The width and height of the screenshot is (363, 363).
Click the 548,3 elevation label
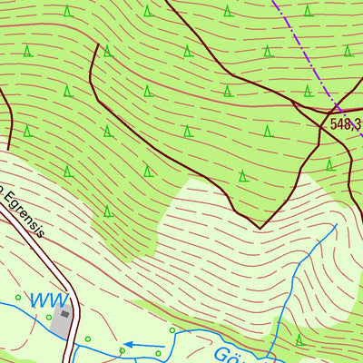click(x=345, y=124)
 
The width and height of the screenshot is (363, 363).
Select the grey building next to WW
click(x=62, y=319)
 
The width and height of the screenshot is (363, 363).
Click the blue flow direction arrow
click(x=141, y=344)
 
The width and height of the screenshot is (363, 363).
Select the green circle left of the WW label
click(x=18, y=297)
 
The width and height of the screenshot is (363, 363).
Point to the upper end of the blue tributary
click(x=336, y=224)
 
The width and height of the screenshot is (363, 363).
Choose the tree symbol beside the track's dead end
click(x=106, y=51)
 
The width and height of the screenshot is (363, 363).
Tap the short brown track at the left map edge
click(x=7, y=118)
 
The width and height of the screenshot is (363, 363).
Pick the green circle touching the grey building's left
click(x=49, y=317)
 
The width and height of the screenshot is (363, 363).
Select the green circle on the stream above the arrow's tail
click(x=172, y=332)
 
